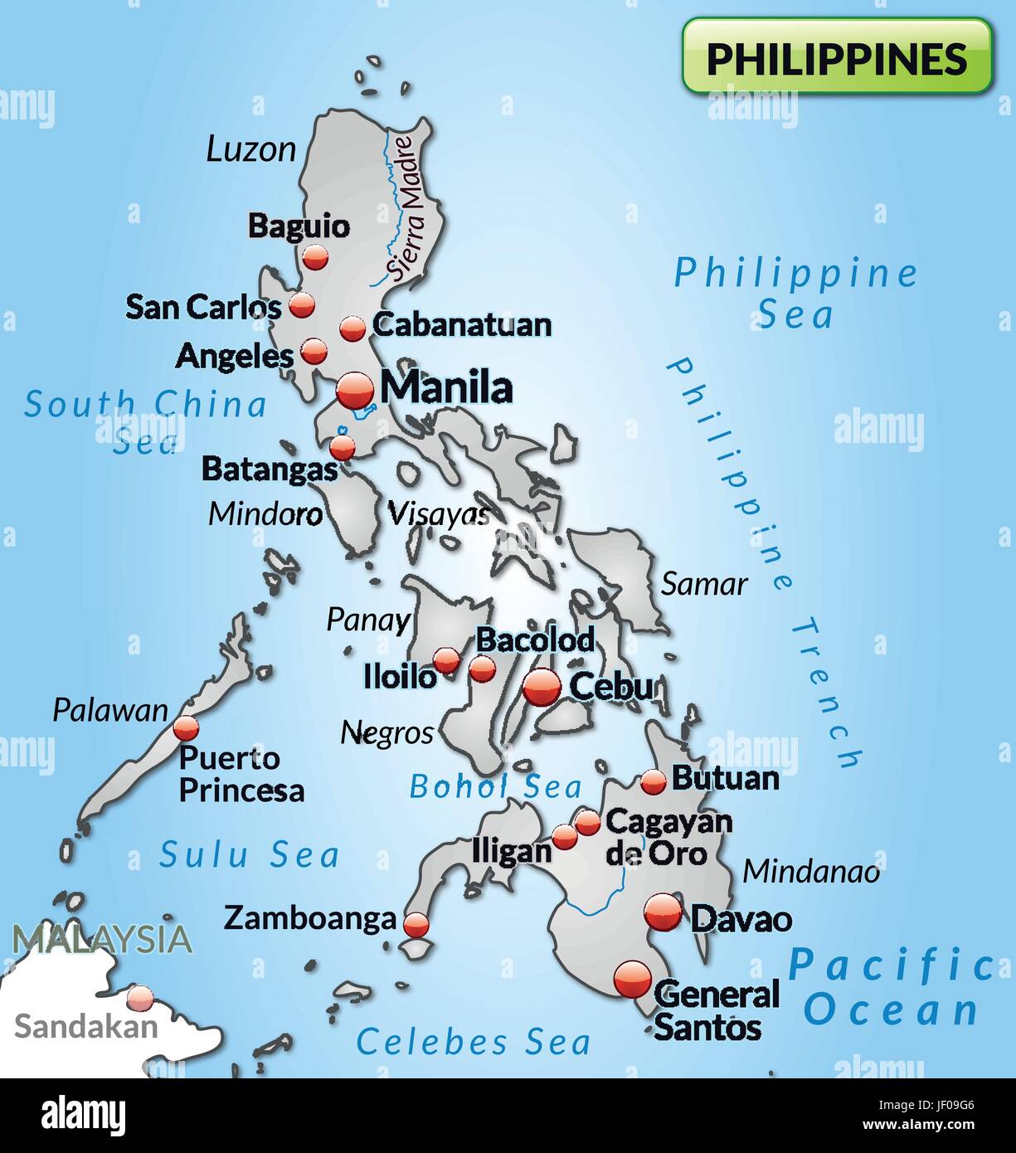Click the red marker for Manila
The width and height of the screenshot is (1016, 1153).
click(x=356, y=388)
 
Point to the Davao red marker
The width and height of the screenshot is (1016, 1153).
click(x=664, y=913)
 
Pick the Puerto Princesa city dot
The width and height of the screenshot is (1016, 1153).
click(x=187, y=728)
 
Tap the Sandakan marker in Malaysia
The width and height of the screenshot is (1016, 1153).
click(x=141, y=997)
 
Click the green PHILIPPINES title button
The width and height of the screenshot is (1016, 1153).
click(x=837, y=56)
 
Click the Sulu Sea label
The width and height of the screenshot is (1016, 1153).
click(x=250, y=854)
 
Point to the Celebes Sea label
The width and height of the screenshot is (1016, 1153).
click(x=474, y=1042)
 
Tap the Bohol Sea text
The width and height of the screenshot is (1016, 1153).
click(x=496, y=786)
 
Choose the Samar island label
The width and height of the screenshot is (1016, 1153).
click(x=704, y=584)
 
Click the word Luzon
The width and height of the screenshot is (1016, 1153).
click(x=250, y=150)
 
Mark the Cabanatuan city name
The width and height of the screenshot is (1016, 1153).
click(x=462, y=324)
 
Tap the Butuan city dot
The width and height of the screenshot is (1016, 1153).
click(x=654, y=781)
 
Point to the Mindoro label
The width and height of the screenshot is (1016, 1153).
click(x=265, y=513)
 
